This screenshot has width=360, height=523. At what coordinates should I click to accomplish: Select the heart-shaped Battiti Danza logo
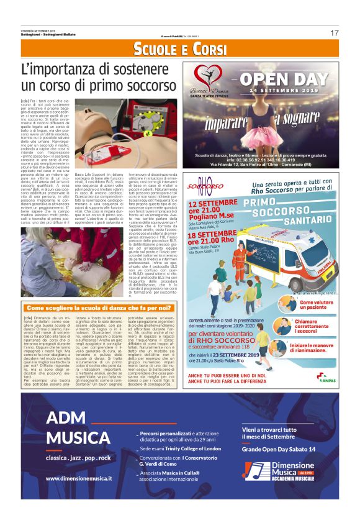click(x=209, y=76)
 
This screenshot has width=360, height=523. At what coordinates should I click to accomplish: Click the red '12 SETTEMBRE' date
click(x=213, y=202)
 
